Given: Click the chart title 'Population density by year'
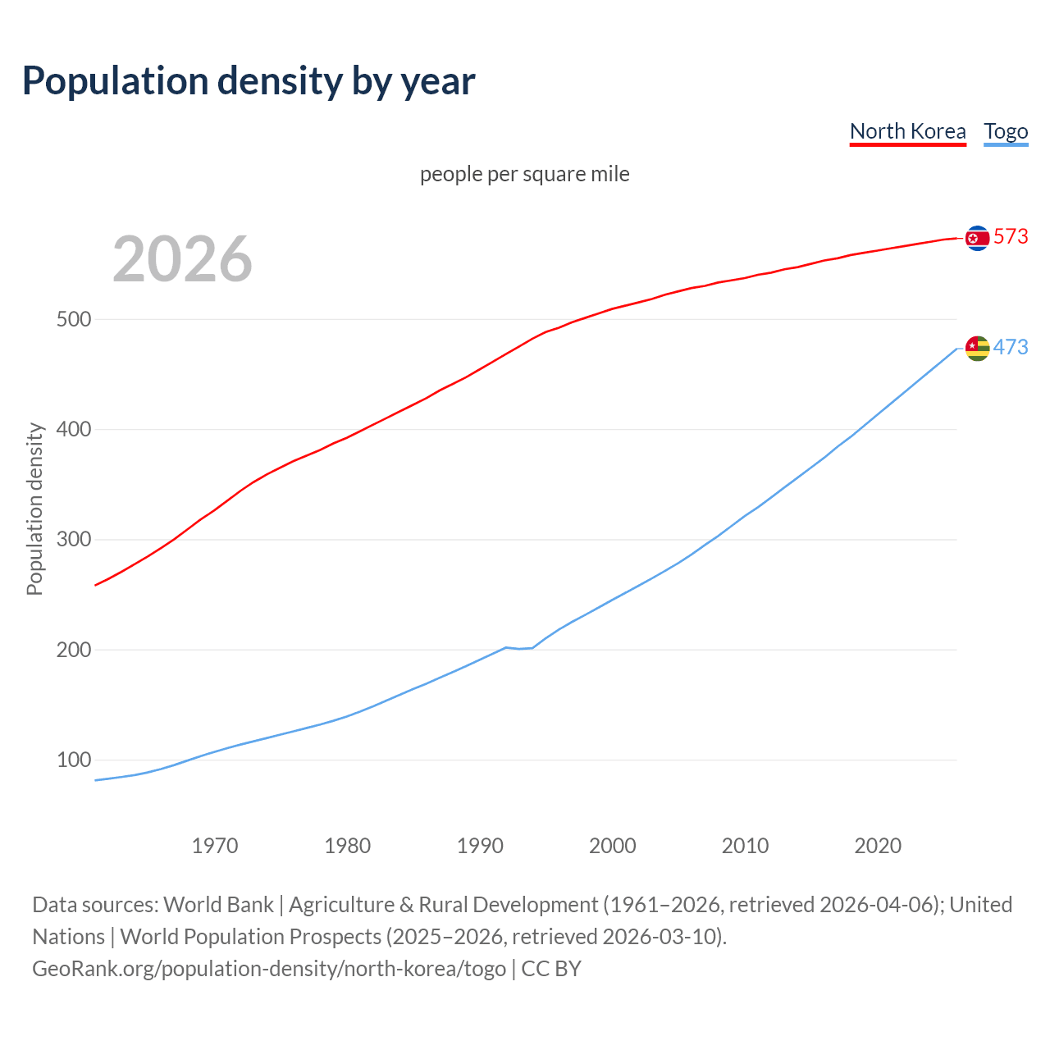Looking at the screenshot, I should [x=249, y=80].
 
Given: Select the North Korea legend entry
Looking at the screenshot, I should [x=907, y=131].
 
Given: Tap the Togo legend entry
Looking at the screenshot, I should [x=1006, y=131].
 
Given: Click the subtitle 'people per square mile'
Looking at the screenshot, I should [x=525, y=174].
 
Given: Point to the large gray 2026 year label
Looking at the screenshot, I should [x=182, y=259].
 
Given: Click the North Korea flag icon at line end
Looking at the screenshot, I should [x=977, y=238].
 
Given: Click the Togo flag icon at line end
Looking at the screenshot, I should [x=977, y=348].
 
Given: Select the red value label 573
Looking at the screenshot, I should [x=1011, y=236].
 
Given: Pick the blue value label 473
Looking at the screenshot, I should [x=1011, y=347].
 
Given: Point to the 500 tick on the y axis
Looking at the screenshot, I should [x=73, y=319].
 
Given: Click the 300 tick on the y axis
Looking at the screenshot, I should [x=73, y=540].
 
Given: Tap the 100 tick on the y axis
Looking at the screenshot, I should [x=73, y=760].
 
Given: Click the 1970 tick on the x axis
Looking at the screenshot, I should [x=215, y=846].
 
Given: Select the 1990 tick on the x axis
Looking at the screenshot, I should [x=480, y=846].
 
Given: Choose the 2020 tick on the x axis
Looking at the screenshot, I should [x=878, y=846].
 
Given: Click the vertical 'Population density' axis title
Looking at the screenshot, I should [x=34, y=509].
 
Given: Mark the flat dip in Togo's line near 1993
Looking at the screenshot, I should [x=519, y=648].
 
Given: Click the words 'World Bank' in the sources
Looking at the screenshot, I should [x=218, y=905].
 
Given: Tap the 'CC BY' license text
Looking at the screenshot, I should [x=551, y=969].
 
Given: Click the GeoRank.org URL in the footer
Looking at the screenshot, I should [x=269, y=969].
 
